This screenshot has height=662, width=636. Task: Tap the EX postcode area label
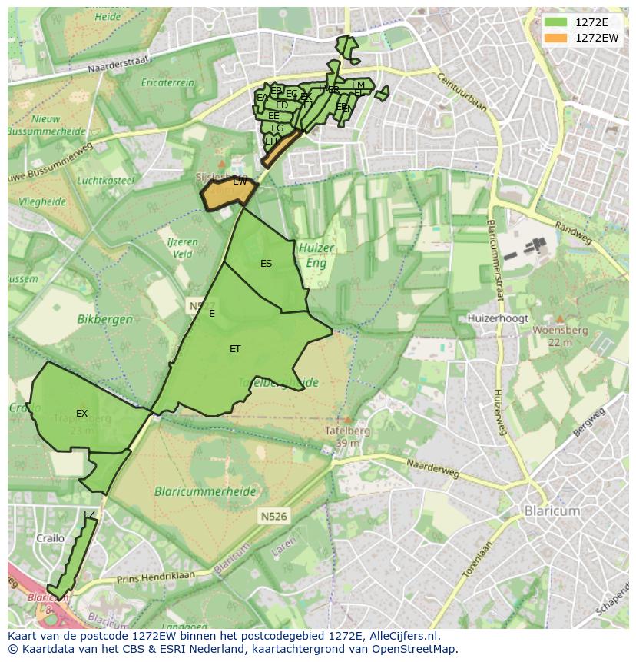[82, 414]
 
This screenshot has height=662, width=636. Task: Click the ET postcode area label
[235, 349]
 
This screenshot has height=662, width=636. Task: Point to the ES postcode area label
[266, 264]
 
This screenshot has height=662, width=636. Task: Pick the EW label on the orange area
[240, 181]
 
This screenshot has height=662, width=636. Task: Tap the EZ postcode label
[90, 514]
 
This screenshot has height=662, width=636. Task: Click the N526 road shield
[273, 517]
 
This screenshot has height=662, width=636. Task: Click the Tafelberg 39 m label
[348, 437]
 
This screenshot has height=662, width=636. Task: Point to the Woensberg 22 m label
[560, 335]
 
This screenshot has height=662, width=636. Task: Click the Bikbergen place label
[104, 318]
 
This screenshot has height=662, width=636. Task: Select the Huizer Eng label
[316, 255]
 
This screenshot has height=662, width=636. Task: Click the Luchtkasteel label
[106, 181]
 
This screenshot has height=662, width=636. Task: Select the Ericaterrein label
[167, 82]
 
